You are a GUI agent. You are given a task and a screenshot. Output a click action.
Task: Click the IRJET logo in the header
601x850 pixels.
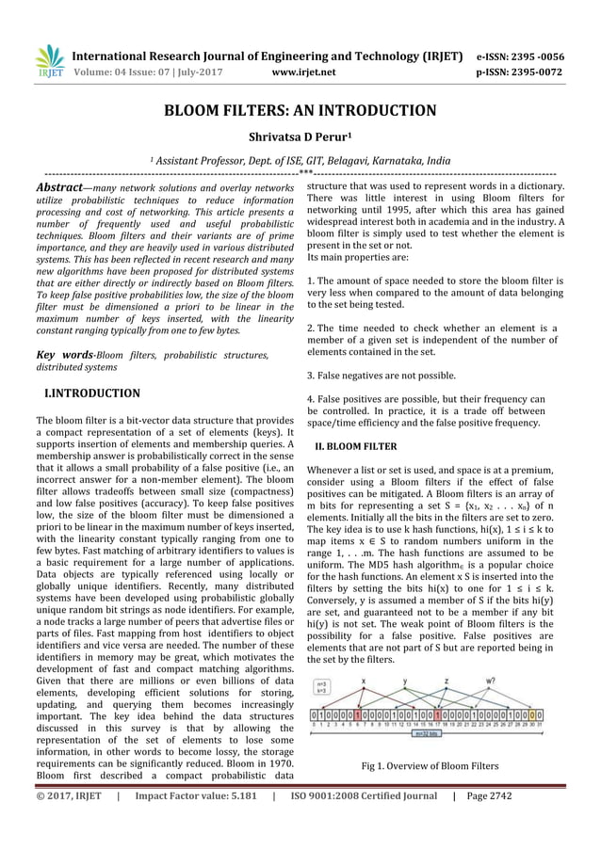(x=49, y=61)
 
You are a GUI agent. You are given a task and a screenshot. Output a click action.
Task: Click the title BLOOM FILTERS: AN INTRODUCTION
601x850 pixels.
(x=300, y=111)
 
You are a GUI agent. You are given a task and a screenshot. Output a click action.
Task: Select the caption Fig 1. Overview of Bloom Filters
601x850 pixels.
(x=430, y=765)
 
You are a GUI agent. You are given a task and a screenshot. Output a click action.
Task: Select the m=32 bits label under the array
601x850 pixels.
(x=428, y=732)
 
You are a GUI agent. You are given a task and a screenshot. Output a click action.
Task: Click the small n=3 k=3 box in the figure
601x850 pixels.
(x=323, y=688)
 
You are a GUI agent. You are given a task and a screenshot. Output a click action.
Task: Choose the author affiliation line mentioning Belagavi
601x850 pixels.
(x=300, y=161)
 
